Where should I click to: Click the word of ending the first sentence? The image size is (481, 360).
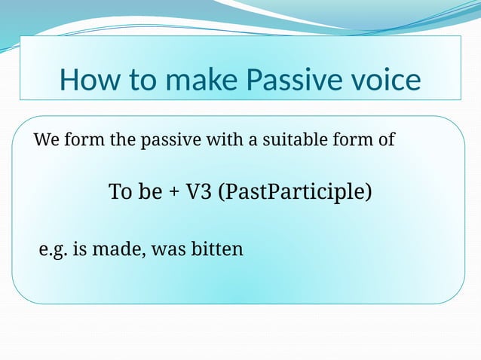385,140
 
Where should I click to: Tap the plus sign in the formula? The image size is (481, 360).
173,193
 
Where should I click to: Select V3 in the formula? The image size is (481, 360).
199,192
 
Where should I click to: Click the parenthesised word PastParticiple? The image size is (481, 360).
295,193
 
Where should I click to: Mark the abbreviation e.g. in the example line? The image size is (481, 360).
51,249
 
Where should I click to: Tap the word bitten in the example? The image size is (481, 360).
216,249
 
